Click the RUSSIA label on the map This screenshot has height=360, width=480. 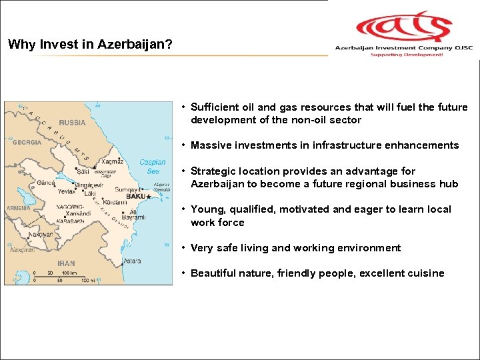pyautogui.click(x=72, y=123)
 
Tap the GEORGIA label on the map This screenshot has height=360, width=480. pyautogui.click(x=25, y=142)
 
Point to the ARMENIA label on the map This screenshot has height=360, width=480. pyautogui.click(x=18, y=208)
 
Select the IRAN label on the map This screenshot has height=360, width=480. pyautogui.click(x=66, y=263)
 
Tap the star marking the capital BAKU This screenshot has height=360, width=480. pyautogui.click(x=148, y=197)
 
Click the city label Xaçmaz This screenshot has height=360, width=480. pyautogui.click(x=112, y=162)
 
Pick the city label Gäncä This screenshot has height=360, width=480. pyautogui.click(x=46, y=182)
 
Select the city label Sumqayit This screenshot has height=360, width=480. pyautogui.click(x=127, y=190)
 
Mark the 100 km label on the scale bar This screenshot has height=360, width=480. pyautogui.click(x=69, y=273)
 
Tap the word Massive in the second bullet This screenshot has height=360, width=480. pyautogui.click(x=210, y=145)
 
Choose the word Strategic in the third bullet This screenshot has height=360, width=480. pyautogui.click(x=213, y=171)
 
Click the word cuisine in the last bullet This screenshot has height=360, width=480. pyautogui.click(x=425, y=273)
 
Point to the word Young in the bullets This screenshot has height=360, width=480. pyautogui.click(x=205, y=209)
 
